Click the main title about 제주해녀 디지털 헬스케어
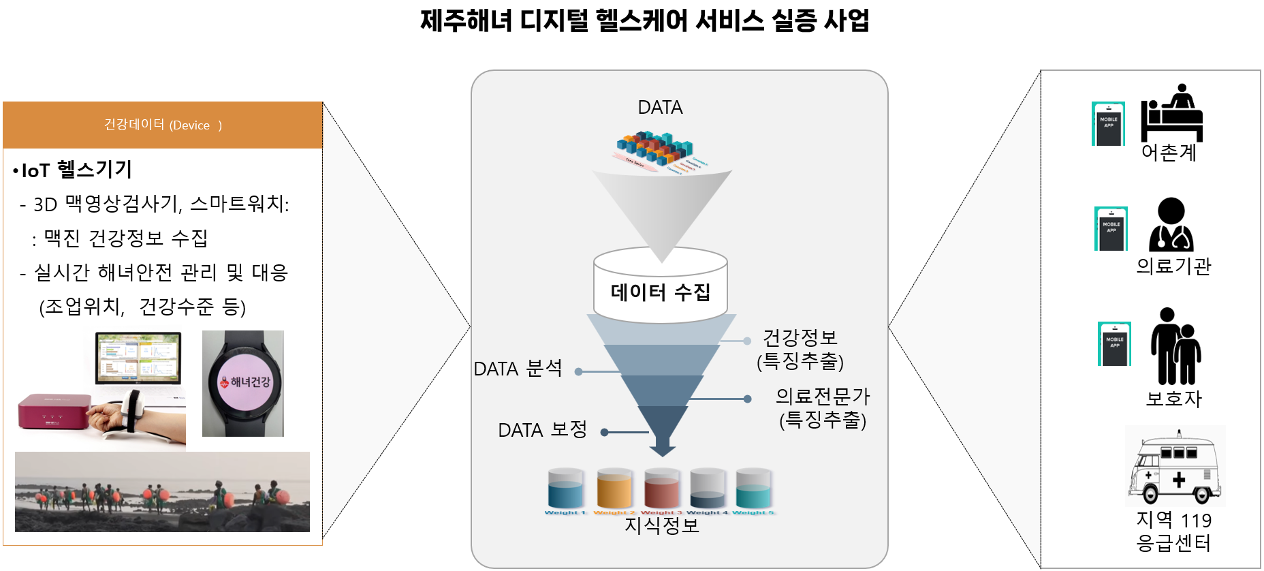click(x=644, y=20)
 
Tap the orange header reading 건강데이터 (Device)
click(x=163, y=125)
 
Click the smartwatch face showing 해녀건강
click(x=243, y=382)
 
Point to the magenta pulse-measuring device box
click(x=53, y=412)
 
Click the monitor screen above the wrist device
click(x=138, y=358)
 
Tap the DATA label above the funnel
click(x=660, y=108)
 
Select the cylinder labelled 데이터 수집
click(x=660, y=292)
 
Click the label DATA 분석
click(x=518, y=369)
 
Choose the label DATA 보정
click(x=542, y=430)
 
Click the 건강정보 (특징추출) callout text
click(x=800, y=349)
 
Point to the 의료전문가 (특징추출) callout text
click(x=823, y=407)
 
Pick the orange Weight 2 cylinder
click(x=614, y=489)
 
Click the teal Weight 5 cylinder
click(x=753, y=489)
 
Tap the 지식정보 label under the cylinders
click(x=661, y=525)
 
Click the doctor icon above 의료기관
click(x=1171, y=225)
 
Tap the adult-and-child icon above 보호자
click(x=1175, y=346)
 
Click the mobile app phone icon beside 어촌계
click(x=1108, y=123)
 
